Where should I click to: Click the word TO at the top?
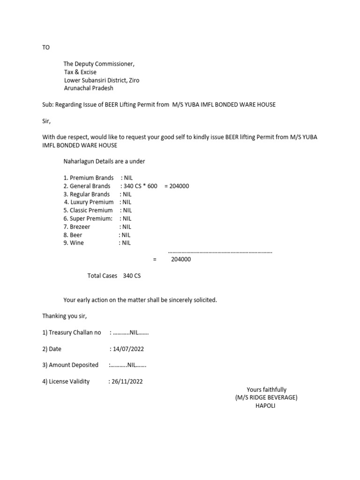pos(46,48)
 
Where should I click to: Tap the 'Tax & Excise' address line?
pos(80,72)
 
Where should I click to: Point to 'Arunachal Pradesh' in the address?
pos(89,88)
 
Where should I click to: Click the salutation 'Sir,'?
pos(46,120)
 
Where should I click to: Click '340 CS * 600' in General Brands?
pos(140,186)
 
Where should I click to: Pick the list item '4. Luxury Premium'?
pos(89,202)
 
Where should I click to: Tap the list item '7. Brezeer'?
pos(77,226)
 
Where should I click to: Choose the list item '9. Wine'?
pos(74,243)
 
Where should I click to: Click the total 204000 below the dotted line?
pos(181,259)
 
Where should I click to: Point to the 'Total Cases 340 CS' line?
pos(114,276)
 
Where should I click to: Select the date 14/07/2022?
pos(127,349)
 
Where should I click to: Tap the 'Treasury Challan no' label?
pos(72,332)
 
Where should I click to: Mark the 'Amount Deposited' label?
pos(70,365)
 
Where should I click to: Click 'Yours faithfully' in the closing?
pos(266,390)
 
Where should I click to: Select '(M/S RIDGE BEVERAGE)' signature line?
pos(266,397)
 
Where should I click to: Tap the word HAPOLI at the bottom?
pos(265,406)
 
